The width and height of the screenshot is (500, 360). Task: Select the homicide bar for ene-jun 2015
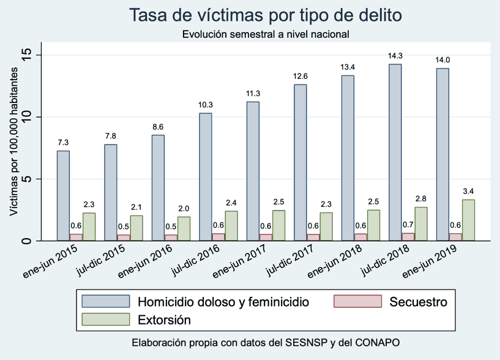coord(63,195)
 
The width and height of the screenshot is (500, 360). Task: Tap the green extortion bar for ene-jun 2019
coord(468,220)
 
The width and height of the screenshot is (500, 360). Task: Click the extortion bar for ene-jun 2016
coord(184,228)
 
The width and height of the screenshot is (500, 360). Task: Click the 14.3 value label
coord(395,56)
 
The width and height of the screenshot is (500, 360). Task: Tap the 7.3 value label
coord(63,143)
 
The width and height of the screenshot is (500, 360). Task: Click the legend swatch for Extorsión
coord(106,319)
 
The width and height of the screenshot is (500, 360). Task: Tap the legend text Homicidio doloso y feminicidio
coord(223,302)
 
